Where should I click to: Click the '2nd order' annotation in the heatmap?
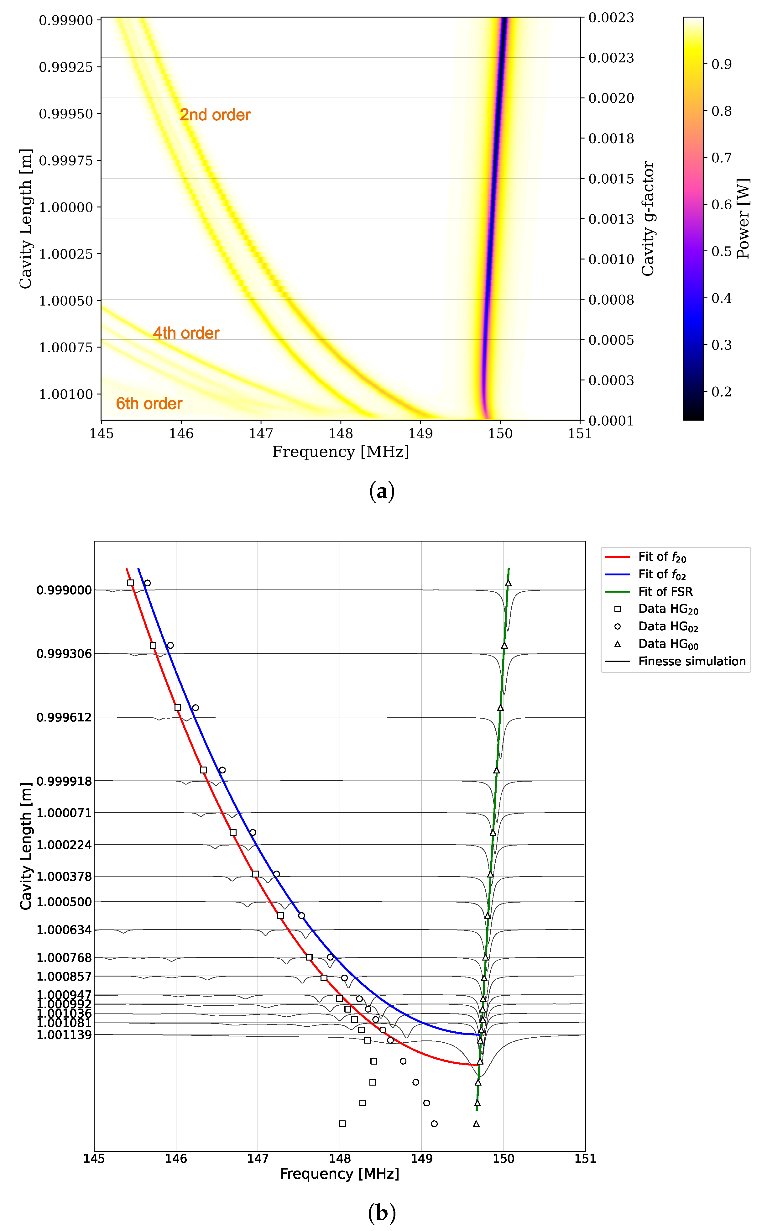[x=215, y=115]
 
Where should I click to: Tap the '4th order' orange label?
[x=186, y=333]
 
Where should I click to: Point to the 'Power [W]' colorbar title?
[x=743, y=219]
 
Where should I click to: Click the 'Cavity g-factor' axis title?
[x=648, y=219]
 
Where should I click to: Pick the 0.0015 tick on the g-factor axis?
[x=611, y=179]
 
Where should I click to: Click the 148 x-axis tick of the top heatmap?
[x=340, y=434]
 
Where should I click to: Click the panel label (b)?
[x=382, y=1214]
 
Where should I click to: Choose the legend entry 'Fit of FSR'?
[x=665, y=592]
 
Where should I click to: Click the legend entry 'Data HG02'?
[x=668, y=627]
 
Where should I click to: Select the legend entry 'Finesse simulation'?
[x=691, y=662]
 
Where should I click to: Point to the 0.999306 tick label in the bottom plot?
[x=64, y=654]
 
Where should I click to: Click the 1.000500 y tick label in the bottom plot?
[x=64, y=902]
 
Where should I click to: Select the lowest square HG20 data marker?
[x=342, y=1124]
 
